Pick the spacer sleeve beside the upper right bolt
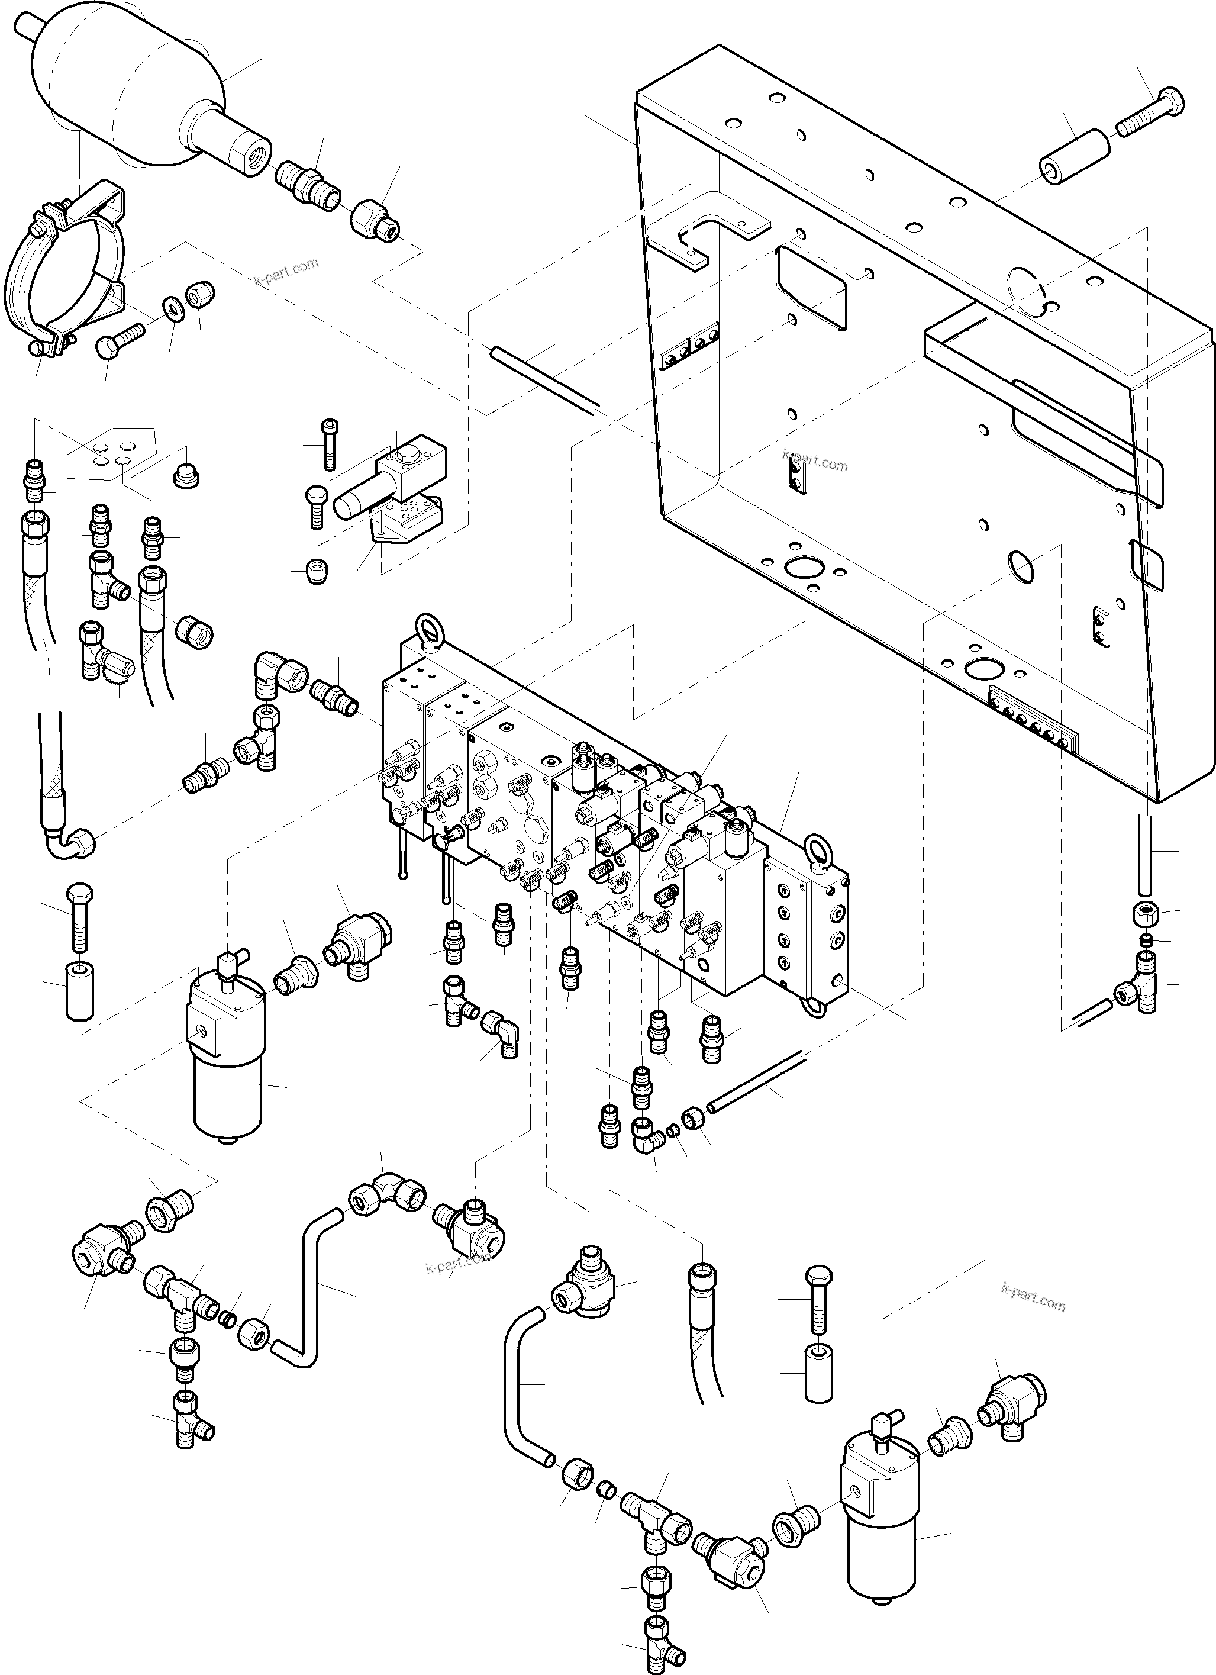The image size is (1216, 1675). pos(1074,157)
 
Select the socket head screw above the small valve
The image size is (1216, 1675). pos(329,443)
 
